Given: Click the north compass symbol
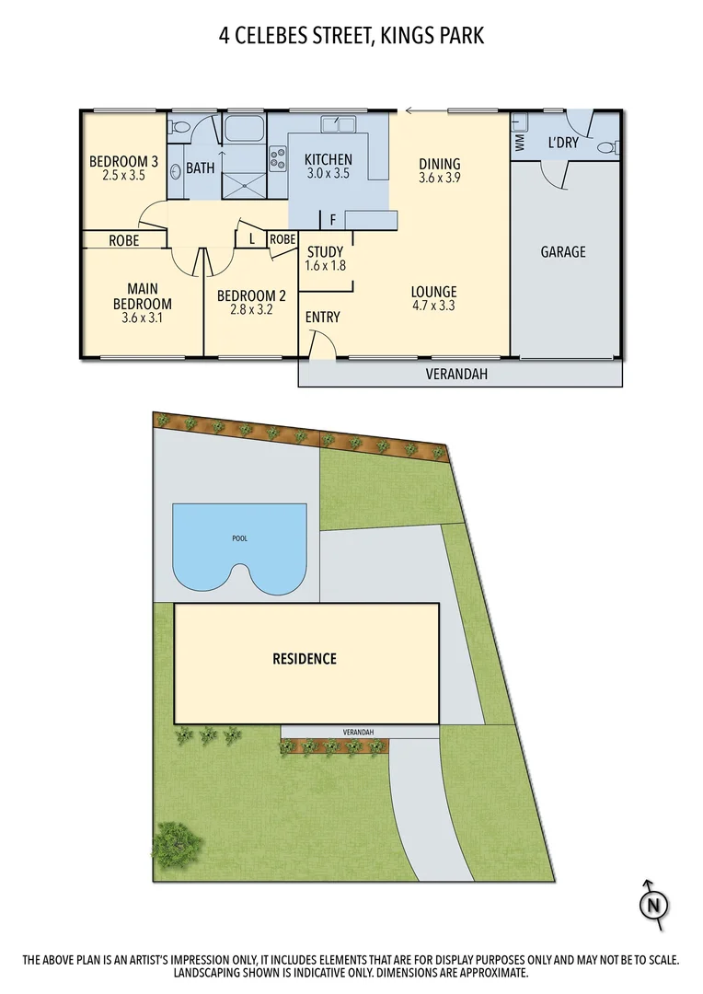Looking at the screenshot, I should [x=653, y=904].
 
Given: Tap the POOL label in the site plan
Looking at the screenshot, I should [x=240, y=538].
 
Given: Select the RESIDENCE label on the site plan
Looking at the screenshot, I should [x=305, y=658].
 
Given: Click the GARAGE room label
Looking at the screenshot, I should [x=563, y=251].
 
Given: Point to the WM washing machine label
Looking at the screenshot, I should [x=519, y=144].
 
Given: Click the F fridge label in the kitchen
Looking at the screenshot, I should [x=332, y=220].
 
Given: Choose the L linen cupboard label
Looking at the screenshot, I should [x=251, y=238].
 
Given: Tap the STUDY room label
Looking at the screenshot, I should [x=325, y=252].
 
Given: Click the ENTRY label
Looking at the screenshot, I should [x=322, y=317].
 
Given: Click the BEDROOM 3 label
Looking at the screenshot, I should [x=123, y=162].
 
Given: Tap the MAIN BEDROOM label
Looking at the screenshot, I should [x=143, y=296].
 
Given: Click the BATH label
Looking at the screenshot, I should [x=201, y=168].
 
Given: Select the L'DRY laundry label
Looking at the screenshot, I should [x=562, y=143].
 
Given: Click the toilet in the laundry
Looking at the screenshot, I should [x=608, y=147].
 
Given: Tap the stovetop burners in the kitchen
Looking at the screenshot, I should [x=277, y=159].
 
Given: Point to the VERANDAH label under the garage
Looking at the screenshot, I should [x=456, y=375].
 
